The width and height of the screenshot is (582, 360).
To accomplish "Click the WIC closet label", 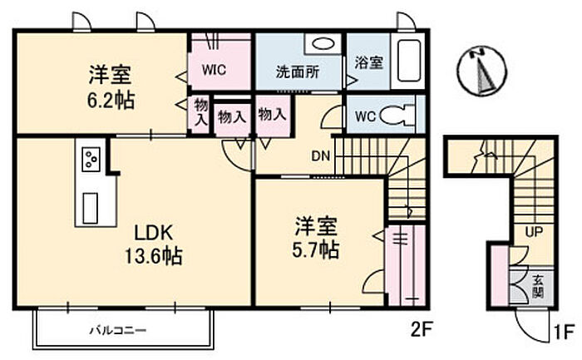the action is pos(214,70).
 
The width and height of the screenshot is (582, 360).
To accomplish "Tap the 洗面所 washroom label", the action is pos(298,72).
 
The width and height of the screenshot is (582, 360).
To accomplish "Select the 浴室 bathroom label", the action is pos(368,62).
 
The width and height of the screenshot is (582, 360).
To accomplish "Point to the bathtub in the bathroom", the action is pos(409,61).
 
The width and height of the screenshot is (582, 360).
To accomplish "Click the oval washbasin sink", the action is pos(323,44).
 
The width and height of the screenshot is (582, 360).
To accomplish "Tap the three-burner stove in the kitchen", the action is pos(91,160).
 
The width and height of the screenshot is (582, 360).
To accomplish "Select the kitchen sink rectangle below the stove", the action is pos(90,208).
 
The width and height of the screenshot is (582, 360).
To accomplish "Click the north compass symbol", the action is pos(481,71).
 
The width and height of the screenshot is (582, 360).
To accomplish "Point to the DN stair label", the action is pos(321,155).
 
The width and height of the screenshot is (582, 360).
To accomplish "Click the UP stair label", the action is pos(534,232).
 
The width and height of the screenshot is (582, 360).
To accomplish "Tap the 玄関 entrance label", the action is pos(538,286).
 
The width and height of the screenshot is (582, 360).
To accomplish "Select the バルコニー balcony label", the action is pos(118,330).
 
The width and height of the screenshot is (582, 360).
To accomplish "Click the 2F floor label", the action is pos(422,329).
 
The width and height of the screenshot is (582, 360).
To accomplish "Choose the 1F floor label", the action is pos(565,332).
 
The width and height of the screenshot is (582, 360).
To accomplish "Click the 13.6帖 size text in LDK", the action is pos(153,256).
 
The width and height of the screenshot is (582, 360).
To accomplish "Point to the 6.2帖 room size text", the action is pos(111,100).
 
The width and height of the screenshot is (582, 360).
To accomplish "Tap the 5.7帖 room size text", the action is pos(315,249).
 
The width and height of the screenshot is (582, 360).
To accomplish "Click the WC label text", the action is pos(366,116).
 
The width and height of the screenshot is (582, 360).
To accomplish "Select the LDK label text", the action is pos(153,234).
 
